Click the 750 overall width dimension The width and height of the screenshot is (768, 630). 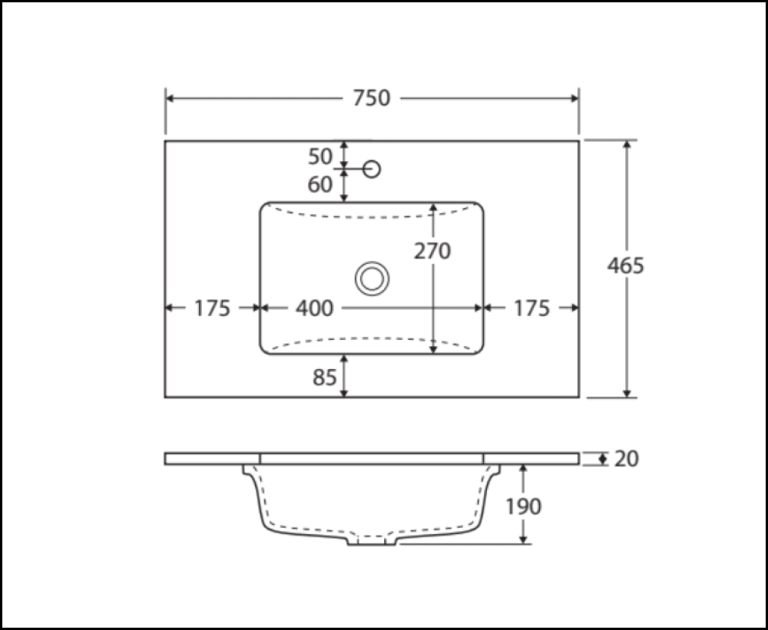pos(372,98)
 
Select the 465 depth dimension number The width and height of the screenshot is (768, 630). pos(626,266)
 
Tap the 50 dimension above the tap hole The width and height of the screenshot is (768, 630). pos(320,156)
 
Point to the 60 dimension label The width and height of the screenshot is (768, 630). pos(320,185)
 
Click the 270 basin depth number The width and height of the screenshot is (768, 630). pos(432,251)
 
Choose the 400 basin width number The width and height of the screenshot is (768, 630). pos(315,308)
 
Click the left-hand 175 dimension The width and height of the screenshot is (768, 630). pos(212,308)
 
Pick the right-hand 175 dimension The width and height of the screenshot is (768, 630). pos(531,308)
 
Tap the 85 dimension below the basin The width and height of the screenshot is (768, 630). pos(324,378)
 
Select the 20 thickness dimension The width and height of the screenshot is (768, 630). pos(627,459)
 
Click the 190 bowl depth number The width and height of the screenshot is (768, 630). pos(524,506)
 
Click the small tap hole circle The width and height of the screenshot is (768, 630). pos(372,169)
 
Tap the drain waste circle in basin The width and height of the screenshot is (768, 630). pos(372,278)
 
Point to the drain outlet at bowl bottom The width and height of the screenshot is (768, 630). pos(373,541)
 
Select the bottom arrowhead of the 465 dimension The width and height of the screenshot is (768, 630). pos(628,392)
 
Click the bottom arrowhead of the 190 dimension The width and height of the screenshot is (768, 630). pos(524,539)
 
